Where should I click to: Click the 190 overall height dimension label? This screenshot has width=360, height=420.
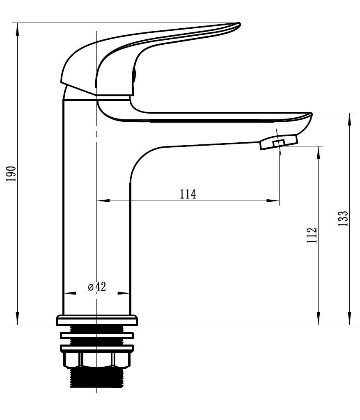[11, 174]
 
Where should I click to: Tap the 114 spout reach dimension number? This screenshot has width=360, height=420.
[188, 194]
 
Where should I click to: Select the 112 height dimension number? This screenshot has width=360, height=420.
[312, 235]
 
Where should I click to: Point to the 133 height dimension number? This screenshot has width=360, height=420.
[343, 219]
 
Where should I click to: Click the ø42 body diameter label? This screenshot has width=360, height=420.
[97, 287]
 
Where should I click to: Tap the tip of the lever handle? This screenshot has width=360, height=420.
[239, 25]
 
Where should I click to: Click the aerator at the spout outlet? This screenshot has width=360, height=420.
[279, 142]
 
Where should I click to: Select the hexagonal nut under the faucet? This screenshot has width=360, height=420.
[97, 360]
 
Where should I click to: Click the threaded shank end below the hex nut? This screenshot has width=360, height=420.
[96, 378]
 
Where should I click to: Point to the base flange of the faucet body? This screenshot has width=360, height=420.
[97, 320]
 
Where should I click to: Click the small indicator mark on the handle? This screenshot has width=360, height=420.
[134, 75]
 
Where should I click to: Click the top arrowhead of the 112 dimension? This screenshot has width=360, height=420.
[319, 153]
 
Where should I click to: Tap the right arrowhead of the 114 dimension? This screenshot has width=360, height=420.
[273, 200]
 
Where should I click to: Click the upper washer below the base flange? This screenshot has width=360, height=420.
[97, 336]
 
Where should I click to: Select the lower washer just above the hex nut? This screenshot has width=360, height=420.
[97, 348]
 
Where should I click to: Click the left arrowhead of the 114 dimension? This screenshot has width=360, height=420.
[103, 200]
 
